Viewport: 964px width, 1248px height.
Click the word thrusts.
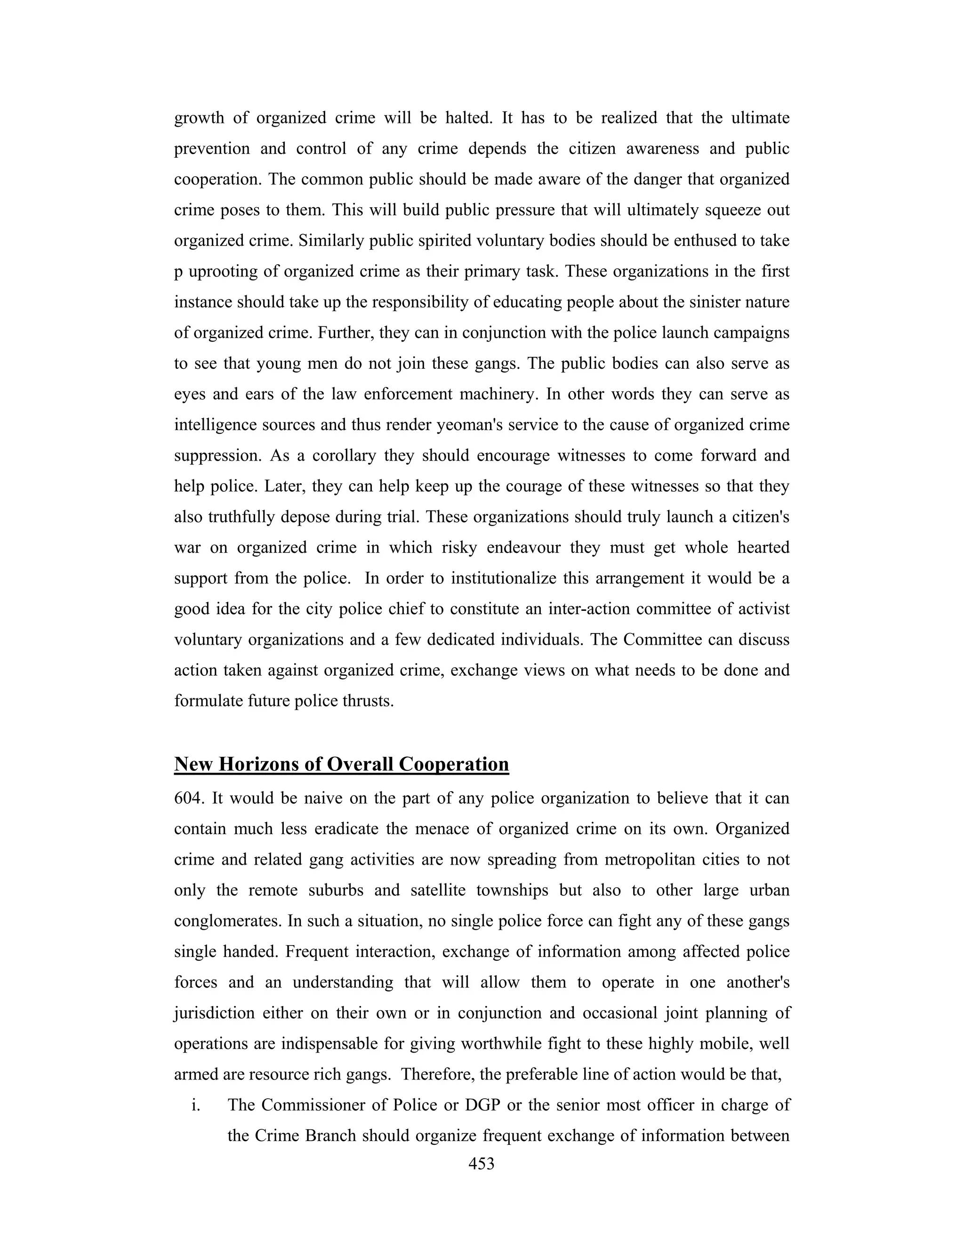click(369, 701)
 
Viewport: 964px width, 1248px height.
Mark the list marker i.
click(196, 1106)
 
